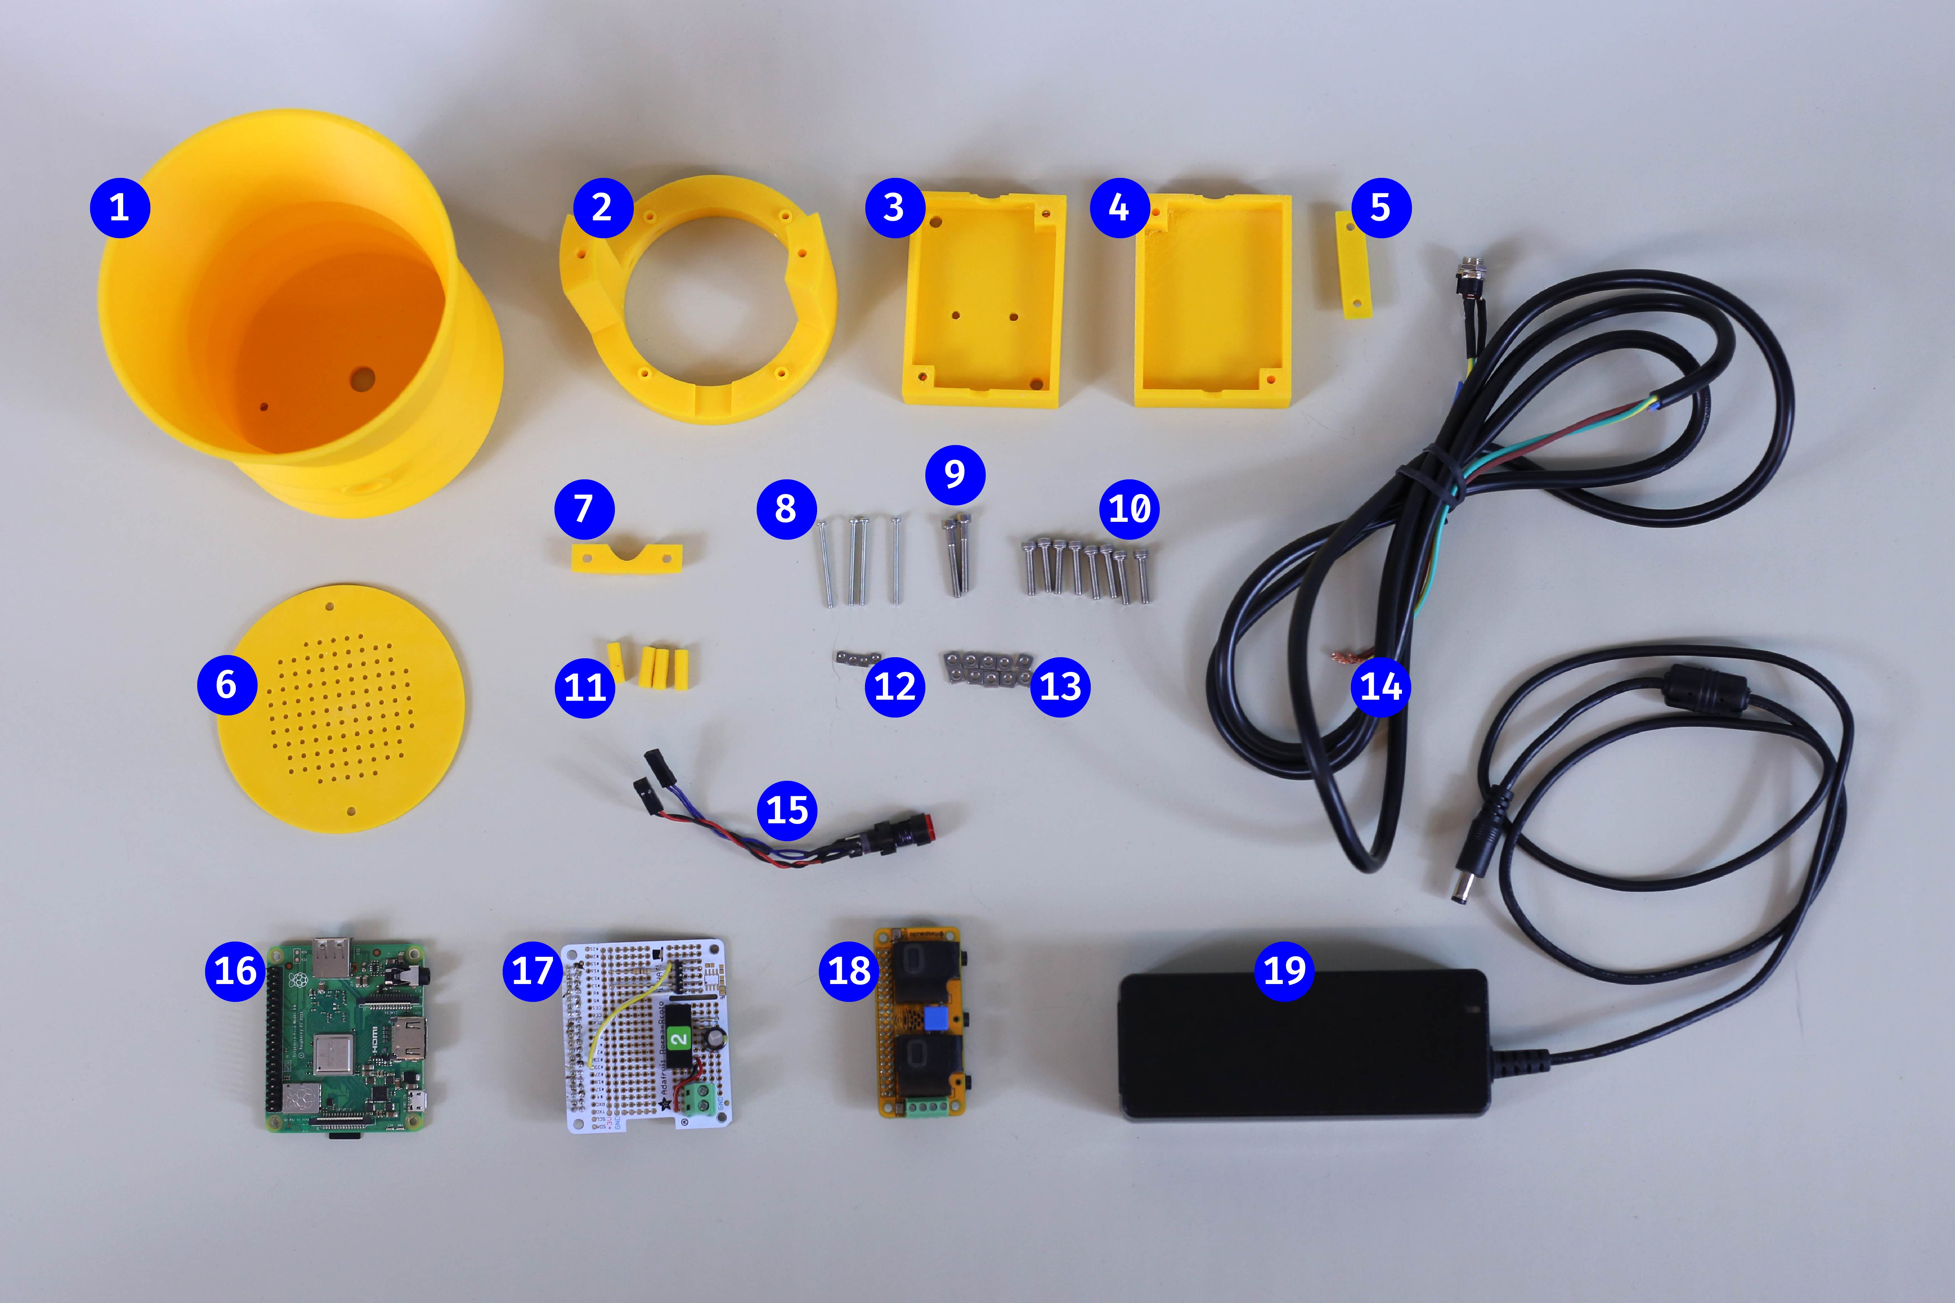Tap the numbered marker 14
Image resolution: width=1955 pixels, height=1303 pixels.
click(1381, 687)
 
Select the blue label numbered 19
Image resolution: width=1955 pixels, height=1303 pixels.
click(1284, 970)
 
